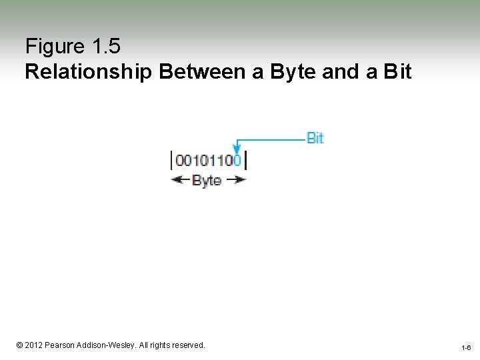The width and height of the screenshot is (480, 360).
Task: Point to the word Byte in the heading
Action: click(293, 72)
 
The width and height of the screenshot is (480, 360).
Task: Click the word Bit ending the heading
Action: click(398, 72)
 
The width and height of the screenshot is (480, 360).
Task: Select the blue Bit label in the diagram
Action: click(315, 138)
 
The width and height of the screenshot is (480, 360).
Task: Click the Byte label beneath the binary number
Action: click(207, 180)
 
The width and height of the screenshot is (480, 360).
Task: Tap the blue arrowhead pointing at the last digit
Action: click(237, 150)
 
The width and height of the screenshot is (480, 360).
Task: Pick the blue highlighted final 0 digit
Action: click(237, 161)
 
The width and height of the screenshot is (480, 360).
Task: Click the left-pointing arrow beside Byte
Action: click(180, 179)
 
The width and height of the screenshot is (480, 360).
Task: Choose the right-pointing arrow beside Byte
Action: click(236, 179)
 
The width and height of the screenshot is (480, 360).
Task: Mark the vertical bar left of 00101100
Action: click(173, 161)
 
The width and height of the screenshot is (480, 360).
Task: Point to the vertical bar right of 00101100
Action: click(245, 161)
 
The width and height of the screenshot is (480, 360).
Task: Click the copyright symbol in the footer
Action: click(19, 345)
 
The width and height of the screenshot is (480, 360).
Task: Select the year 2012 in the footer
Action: click(35, 345)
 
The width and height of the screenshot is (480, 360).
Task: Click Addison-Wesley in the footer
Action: click(108, 345)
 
